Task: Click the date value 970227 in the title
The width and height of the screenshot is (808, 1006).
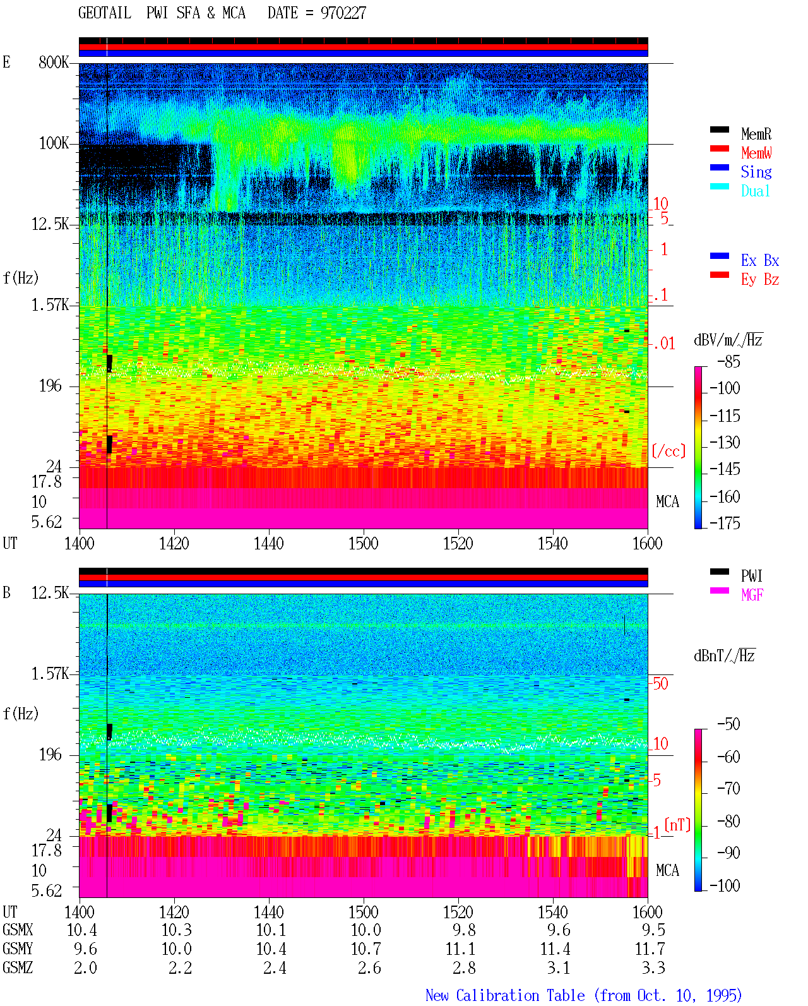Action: [x=343, y=13]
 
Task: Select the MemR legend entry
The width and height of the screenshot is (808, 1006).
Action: [x=756, y=134]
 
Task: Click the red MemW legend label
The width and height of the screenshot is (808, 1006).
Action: [x=756, y=153]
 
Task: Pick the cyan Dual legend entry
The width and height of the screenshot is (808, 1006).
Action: [x=755, y=191]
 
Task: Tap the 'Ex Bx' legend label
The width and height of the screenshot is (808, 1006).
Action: [x=759, y=260]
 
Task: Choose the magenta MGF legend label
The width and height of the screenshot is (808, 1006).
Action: [x=752, y=595]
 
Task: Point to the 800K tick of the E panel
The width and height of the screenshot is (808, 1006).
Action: [x=53, y=62]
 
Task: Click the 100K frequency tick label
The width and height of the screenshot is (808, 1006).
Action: [x=54, y=143]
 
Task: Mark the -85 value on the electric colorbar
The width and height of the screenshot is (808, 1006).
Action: [x=728, y=361]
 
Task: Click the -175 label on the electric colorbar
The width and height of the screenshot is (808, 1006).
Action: [x=724, y=523]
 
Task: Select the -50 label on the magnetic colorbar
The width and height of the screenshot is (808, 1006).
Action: [x=728, y=724]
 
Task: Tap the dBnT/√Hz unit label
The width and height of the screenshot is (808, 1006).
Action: [x=724, y=656]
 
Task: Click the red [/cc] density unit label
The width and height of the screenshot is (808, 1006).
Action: [x=668, y=451]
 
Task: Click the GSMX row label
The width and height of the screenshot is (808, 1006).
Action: [x=18, y=930]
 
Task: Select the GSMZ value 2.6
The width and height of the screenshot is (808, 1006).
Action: [x=369, y=967]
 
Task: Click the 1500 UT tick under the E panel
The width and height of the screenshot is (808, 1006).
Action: [x=363, y=543]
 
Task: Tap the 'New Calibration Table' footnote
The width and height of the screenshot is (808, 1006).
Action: [x=505, y=995]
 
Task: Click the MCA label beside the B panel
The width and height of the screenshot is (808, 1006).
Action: [x=667, y=870]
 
